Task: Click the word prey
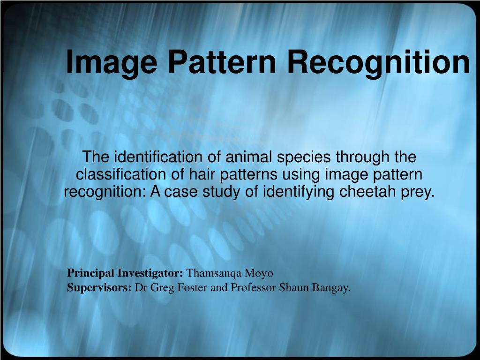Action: pos(418,192)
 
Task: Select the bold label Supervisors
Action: pos(99,288)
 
